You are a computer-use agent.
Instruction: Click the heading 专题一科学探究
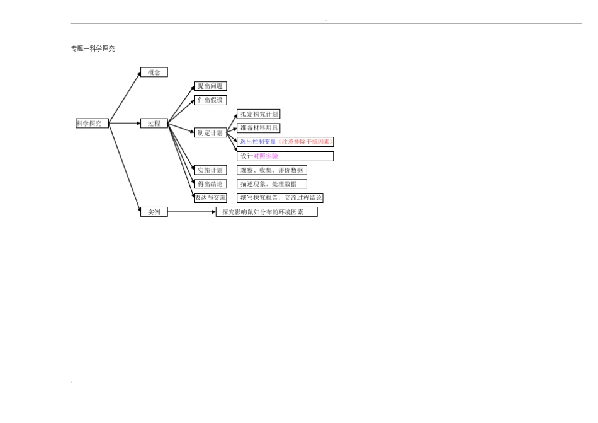93,49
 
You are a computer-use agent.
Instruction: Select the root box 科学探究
93,124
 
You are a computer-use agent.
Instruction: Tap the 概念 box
154,72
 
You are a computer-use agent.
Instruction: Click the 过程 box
154,124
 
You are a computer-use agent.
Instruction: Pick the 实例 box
154,212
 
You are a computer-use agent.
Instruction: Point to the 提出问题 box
210,86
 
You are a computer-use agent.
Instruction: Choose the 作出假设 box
210,100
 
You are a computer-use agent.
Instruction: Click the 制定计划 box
210,132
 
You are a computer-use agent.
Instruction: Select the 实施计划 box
210,170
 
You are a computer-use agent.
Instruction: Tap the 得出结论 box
210,184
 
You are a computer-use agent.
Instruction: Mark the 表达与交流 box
210,198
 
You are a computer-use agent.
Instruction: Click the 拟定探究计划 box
259,114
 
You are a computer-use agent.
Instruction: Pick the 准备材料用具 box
259,128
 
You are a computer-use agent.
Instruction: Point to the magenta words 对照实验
266,156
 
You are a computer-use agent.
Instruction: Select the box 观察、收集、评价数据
272,170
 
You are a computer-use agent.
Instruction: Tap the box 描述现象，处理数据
272,184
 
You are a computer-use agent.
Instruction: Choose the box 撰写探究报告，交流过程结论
280,198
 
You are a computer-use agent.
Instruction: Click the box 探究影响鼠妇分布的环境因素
267,212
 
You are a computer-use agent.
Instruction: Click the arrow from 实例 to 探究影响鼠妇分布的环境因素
192,212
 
